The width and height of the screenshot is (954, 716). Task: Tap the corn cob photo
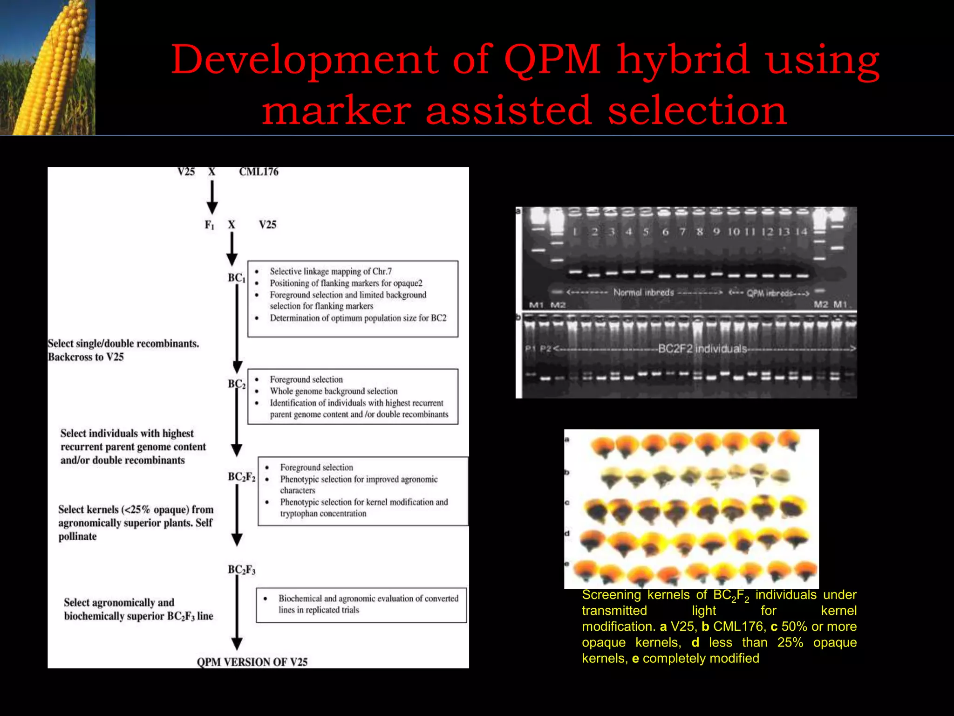click(x=48, y=68)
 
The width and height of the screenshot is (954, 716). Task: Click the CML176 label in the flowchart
click(x=259, y=172)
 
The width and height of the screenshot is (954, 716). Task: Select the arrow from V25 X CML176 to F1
click(x=212, y=197)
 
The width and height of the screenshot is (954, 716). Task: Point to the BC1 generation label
click(x=237, y=278)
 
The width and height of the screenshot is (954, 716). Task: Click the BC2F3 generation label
click(x=241, y=570)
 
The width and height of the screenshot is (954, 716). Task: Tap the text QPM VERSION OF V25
click(x=252, y=662)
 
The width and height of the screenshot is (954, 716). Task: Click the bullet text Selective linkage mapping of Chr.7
click(x=331, y=271)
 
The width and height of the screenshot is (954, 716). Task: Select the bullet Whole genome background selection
click(x=334, y=391)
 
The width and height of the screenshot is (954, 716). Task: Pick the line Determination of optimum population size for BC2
click(x=358, y=318)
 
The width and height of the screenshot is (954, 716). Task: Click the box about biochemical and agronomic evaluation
click(x=361, y=605)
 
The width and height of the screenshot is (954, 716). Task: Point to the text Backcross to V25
click(x=86, y=357)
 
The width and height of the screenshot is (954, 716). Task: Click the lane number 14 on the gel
click(x=801, y=232)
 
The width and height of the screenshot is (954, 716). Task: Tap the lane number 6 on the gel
click(x=665, y=232)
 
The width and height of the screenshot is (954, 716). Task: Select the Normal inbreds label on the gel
click(x=643, y=292)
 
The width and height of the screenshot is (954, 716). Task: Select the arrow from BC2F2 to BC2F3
click(x=237, y=515)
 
